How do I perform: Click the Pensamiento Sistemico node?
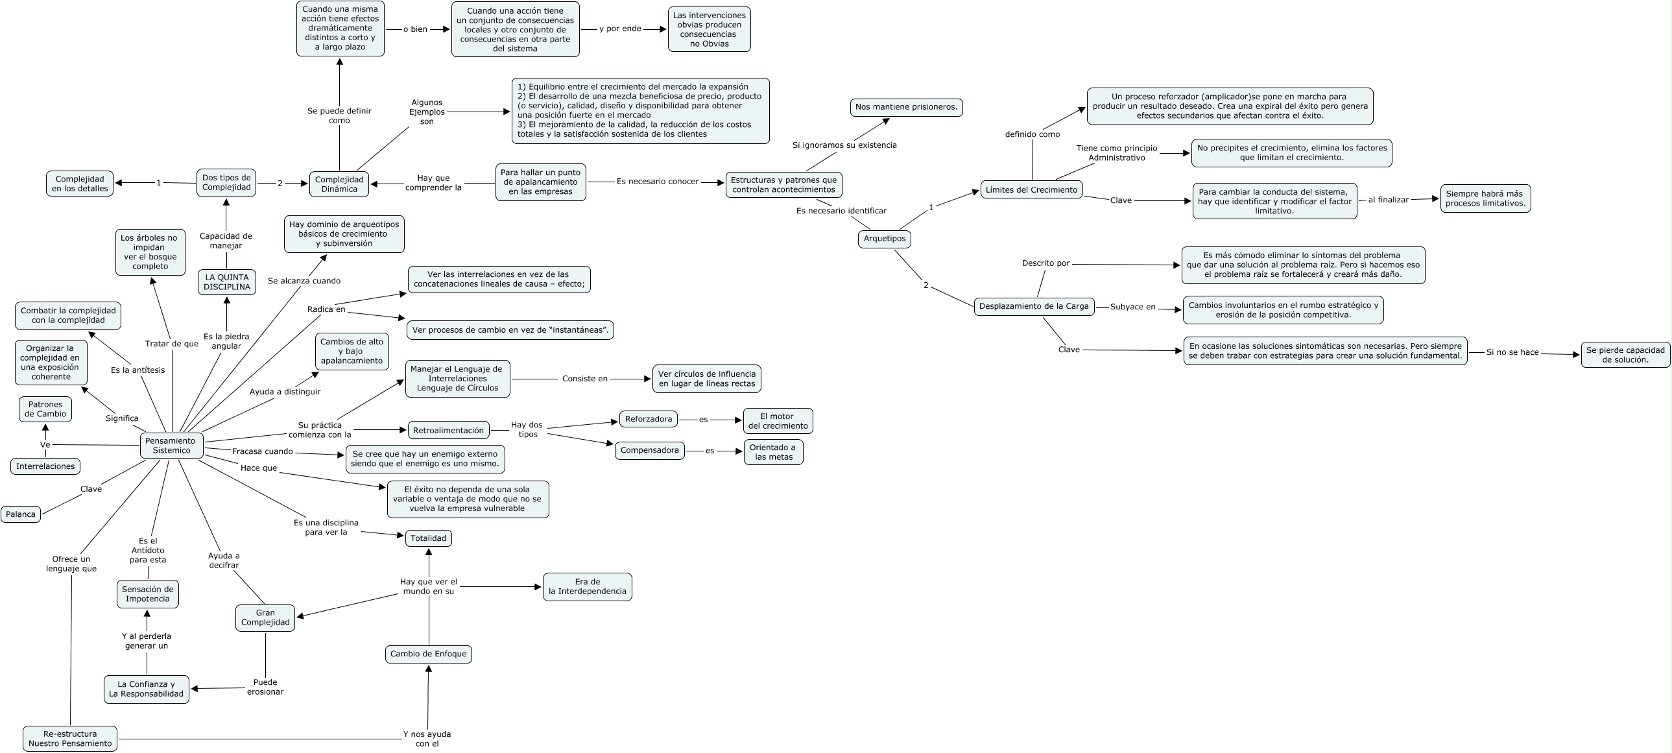coord(171,446)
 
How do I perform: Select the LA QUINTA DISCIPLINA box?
coord(226,281)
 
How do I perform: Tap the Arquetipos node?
coord(884,239)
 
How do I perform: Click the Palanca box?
coord(21,514)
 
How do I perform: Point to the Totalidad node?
coord(429,538)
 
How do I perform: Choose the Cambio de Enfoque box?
coord(429,654)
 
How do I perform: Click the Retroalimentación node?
coord(449,430)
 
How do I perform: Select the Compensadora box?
coord(649,450)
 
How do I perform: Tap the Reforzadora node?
coord(649,419)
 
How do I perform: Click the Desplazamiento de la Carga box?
coord(1034,306)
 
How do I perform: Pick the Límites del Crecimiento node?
coord(1031,189)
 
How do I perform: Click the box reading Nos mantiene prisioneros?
coord(906,107)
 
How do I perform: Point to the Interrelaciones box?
coord(45,466)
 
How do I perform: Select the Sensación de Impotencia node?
coord(147,594)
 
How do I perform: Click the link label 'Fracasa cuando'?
coord(262,451)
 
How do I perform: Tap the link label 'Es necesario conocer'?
coord(658,182)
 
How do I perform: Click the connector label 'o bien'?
coord(415,29)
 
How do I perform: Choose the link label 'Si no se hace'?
coord(1512,352)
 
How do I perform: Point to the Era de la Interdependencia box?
coord(588,586)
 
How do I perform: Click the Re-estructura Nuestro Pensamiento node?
coord(70,738)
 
